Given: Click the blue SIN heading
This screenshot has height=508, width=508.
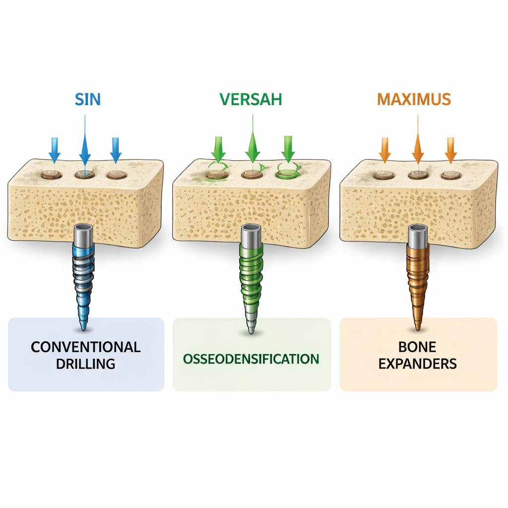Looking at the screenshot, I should (88, 99).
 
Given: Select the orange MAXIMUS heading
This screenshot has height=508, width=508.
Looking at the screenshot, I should (414, 99).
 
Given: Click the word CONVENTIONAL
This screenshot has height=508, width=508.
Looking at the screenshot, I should (86, 347).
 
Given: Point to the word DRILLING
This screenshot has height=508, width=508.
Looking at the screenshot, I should (86, 364).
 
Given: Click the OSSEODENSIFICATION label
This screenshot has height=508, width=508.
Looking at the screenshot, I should (251, 359).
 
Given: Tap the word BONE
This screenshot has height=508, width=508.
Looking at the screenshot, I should (418, 347).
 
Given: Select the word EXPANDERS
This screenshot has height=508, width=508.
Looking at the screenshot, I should (418, 364).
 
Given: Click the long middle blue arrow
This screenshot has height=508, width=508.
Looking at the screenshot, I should (85, 144).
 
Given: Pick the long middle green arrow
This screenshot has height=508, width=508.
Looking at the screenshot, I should (252, 144).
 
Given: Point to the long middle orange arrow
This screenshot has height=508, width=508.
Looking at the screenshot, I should (417, 144).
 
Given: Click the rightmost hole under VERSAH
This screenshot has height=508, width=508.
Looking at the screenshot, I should (286, 173).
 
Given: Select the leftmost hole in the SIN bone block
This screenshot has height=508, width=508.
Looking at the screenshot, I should (52, 174).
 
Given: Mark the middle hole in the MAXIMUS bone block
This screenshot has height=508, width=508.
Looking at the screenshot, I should (417, 174).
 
